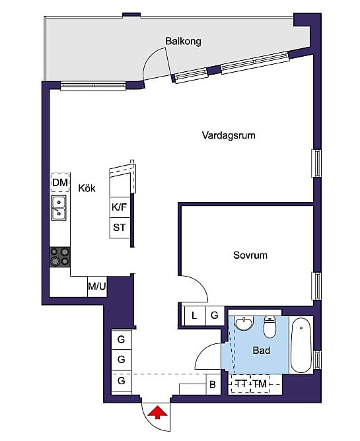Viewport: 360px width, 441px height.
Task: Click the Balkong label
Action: (x=183, y=42)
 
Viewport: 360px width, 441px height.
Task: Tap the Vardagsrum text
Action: (x=229, y=135)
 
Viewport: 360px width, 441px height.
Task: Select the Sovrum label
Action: (x=250, y=255)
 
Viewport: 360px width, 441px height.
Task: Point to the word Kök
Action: (x=87, y=188)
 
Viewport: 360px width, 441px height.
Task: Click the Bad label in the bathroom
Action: (x=262, y=350)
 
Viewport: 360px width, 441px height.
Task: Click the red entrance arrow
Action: (x=158, y=413)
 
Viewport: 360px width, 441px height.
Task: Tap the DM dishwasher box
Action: (x=60, y=182)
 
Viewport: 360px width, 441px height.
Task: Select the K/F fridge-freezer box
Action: (x=120, y=207)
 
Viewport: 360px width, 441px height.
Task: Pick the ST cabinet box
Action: (x=120, y=228)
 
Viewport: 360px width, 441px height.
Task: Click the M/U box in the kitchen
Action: (x=97, y=287)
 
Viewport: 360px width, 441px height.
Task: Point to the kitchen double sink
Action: (x=59, y=207)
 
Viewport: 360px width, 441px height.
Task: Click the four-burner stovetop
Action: (x=59, y=257)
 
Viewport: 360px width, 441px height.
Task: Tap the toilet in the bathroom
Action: (x=270, y=327)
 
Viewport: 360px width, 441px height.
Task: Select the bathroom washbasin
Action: (x=244, y=323)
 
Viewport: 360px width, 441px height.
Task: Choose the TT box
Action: (x=241, y=384)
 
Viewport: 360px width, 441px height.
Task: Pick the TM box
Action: (x=260, y=384)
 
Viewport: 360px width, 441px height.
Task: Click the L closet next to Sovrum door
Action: (x=194, y=316)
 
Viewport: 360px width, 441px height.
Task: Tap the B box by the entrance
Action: (x=213, y=384)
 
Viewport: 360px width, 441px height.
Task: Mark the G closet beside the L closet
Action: (x=215, y=316)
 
